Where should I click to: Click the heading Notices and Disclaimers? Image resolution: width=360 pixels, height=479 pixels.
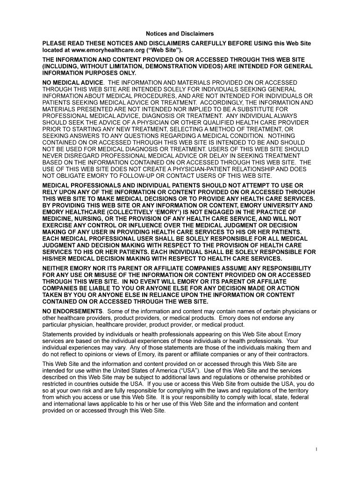pos(180,34)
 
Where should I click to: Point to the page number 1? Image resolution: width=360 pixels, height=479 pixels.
pos(317,450)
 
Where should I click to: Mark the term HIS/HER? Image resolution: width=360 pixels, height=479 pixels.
pos(56,258)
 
